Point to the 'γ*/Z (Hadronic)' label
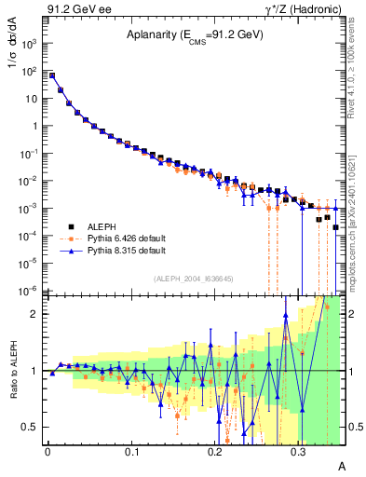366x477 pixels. coord(298,8)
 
